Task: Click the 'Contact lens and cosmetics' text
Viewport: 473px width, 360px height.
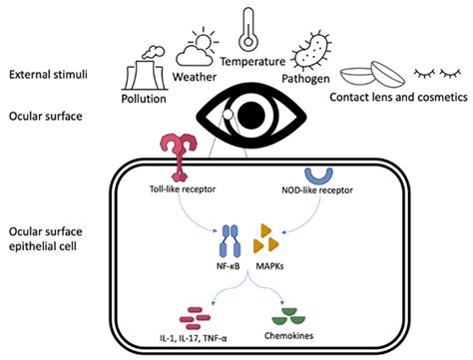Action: (402, 98)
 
